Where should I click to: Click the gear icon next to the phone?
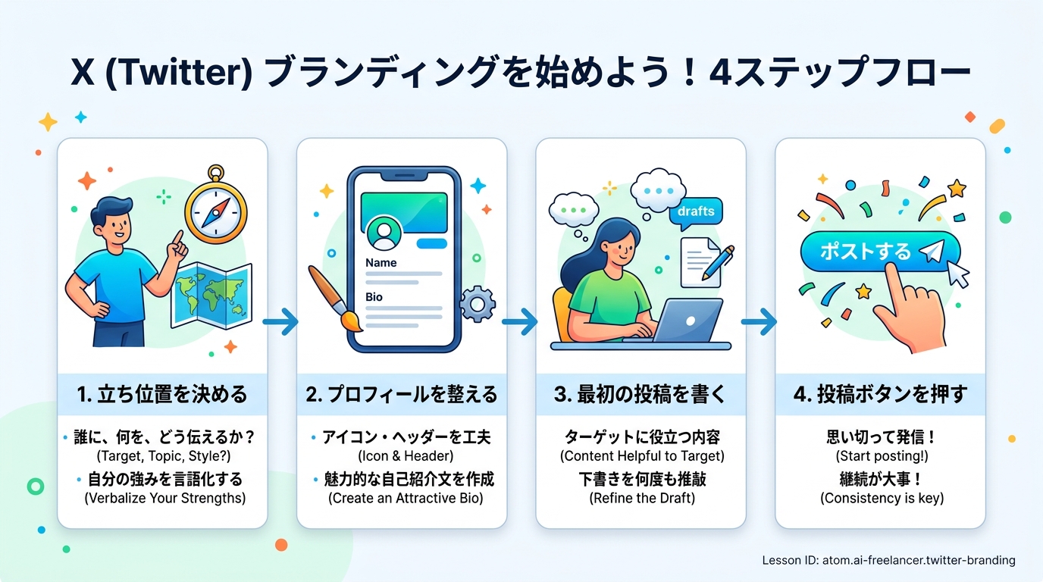[478, 304]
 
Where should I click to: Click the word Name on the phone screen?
[381, 263]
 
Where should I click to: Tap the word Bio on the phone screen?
[374, 297]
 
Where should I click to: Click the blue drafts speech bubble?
[696, 211]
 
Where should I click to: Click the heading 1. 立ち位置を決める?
[162, 394]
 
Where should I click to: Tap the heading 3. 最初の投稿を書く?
[641, 394]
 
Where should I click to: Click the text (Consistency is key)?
[882, 498]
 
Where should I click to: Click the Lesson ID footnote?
[888, 560]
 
